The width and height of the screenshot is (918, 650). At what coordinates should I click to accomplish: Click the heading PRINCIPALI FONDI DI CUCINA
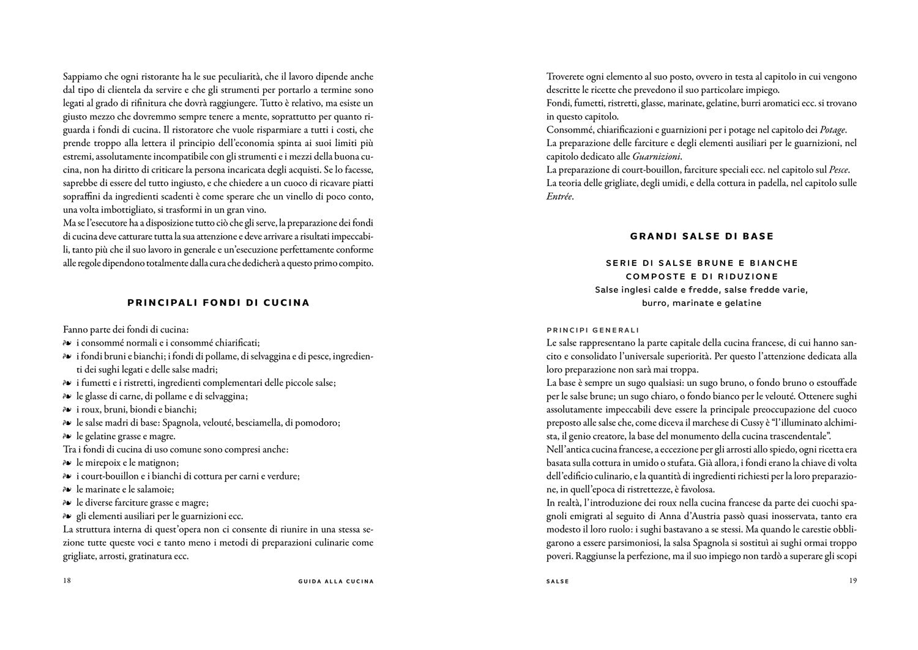coord(218,303)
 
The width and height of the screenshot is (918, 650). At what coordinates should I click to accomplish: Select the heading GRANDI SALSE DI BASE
coord(701,236)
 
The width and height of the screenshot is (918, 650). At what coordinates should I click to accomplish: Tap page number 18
coord(67,581)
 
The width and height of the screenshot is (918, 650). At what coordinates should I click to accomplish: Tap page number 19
coord(852,581)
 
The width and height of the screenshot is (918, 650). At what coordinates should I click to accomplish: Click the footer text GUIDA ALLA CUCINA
coord(332,582)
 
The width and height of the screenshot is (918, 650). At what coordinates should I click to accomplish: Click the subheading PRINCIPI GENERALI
coord(592,330)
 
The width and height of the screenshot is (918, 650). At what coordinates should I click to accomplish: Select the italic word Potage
coord(833,130)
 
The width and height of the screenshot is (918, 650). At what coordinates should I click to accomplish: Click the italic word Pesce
coord(839,169)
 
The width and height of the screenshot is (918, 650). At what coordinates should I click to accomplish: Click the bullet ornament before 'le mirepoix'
coord(67,463)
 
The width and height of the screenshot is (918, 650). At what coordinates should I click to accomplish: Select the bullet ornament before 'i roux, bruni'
coord(67,410)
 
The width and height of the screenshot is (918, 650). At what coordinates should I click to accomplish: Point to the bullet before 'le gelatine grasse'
coord(67,437)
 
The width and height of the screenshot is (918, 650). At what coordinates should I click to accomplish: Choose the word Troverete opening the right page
coord(567,77)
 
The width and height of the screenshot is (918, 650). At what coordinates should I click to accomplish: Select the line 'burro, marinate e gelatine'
coord(701,303)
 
